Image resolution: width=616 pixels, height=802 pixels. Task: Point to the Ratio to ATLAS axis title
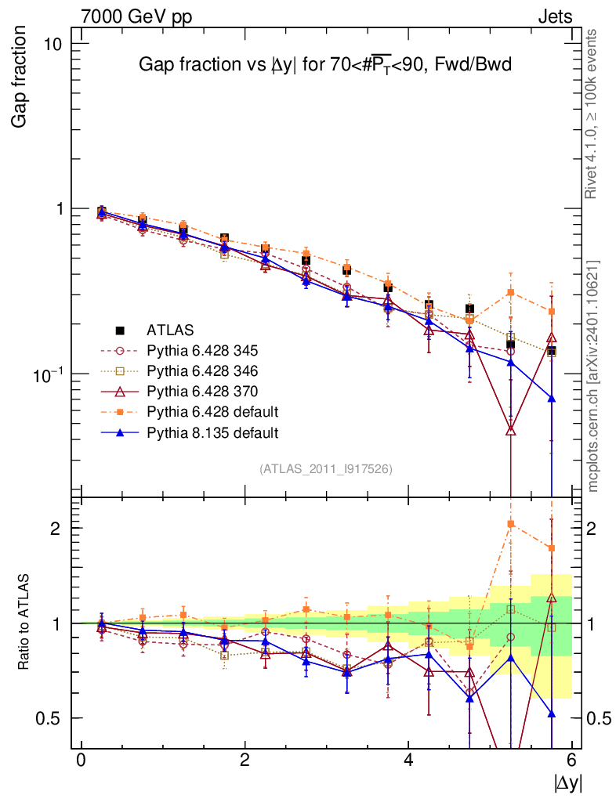coord(24,623)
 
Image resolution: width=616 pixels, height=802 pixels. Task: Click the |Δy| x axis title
coord(568,782)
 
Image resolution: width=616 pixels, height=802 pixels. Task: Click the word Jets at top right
coord(554,16)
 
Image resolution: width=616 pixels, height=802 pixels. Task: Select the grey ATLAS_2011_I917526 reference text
coord(326,468)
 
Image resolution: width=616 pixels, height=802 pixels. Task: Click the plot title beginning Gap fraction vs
coord(324,65)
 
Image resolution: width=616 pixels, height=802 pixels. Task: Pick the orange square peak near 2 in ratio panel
coord(511,524)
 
